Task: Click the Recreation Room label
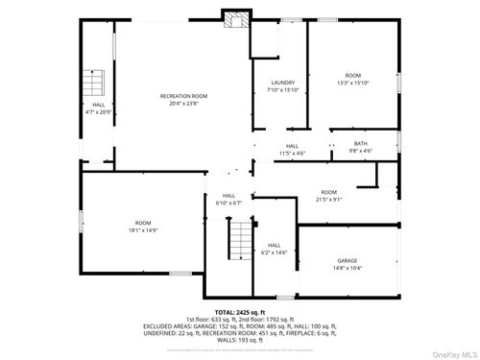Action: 183,96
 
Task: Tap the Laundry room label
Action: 282,83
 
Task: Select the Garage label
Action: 347,260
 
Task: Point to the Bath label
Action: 360,144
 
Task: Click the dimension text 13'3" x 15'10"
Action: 353,83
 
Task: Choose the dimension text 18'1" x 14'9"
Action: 143,230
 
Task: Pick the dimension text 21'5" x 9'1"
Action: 329,200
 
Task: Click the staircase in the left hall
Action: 95,83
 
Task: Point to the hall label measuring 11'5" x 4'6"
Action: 292,153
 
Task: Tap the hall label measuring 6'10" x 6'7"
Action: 229,203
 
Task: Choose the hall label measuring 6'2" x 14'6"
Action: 275,252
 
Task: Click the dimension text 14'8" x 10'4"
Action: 347,267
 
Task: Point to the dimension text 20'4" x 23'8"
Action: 183,104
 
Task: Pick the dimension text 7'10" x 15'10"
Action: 282,90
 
